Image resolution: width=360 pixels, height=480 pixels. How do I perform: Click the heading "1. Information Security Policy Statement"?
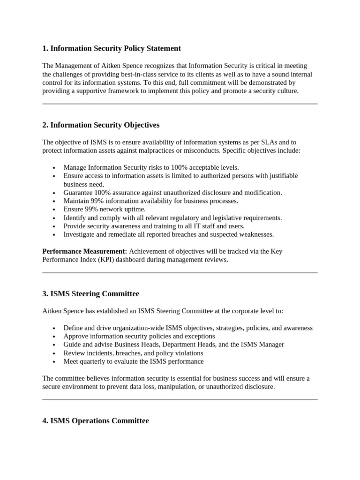coord(112,48)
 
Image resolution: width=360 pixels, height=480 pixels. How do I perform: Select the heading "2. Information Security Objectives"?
coord(101,125)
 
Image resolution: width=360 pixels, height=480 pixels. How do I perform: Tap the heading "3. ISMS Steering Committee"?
coord(90,294)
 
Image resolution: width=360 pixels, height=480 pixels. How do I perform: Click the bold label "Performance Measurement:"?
coord(84,251)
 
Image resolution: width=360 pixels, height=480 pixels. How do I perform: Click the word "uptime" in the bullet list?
coord(135,210)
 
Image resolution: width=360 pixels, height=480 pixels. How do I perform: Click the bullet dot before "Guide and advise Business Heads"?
coord(55,345)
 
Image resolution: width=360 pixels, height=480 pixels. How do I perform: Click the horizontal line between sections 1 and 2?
coord(180,104)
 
